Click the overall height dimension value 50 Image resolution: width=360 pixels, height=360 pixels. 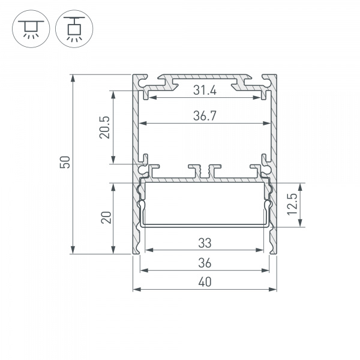67,163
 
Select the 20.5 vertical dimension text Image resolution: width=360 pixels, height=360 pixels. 104,127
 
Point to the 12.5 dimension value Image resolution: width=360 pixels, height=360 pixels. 292,205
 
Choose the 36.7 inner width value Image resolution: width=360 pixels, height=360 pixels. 205,118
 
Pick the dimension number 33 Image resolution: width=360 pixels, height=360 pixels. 205,244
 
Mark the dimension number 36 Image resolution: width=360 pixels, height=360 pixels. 205,263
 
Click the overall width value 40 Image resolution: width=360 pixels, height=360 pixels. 205,282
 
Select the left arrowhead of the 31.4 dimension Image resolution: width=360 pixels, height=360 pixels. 151,97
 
